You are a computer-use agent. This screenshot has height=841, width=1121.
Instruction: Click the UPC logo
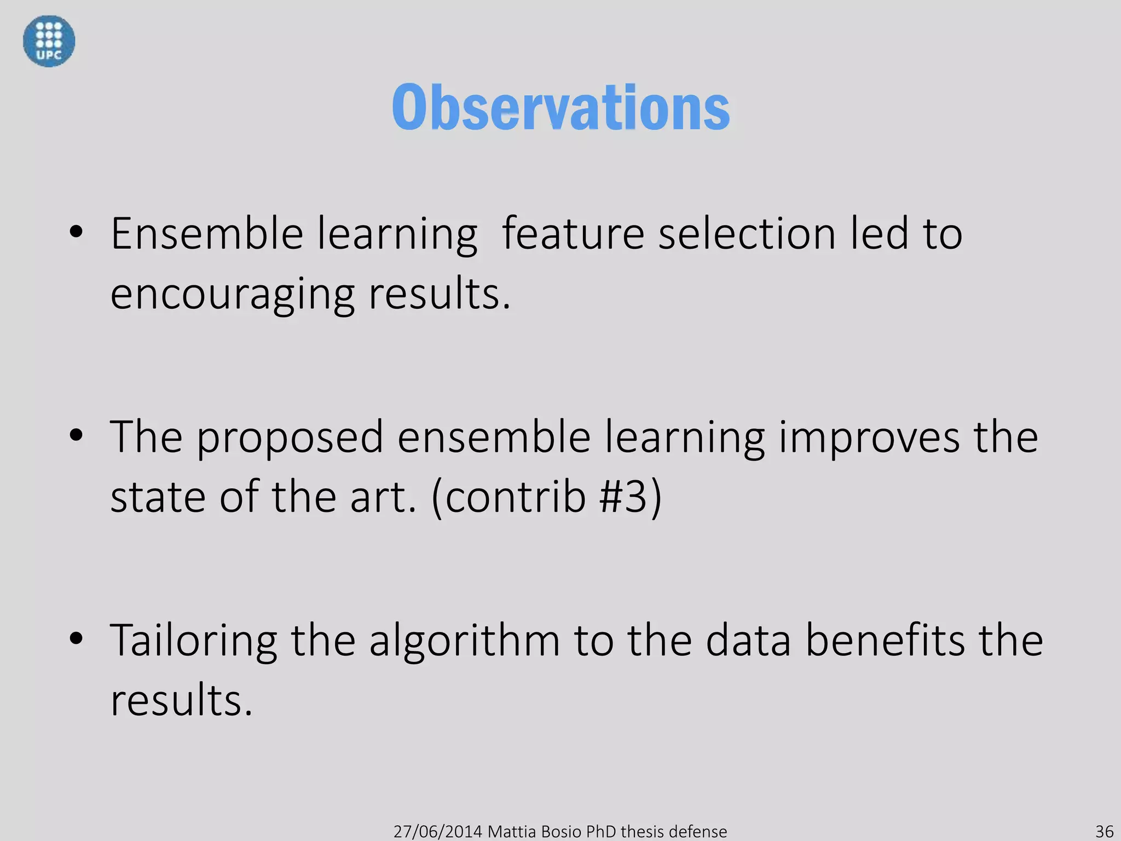point(49,41)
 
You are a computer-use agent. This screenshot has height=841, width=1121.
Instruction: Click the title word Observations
point(560,108)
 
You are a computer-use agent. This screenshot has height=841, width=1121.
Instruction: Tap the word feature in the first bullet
point(573,234)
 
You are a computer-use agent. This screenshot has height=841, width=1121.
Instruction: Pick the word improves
point(869,437)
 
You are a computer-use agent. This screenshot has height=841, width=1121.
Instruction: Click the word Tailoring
point(194,641)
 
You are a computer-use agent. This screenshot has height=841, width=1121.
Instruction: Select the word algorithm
point(464,641)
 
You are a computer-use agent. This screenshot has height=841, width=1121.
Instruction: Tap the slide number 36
point(1104,831)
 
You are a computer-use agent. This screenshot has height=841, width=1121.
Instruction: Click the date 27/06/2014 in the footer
point(438,832)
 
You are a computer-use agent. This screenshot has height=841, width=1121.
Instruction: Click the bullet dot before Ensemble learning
point(76,232)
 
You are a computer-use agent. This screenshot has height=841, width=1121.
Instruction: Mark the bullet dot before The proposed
point(76,436)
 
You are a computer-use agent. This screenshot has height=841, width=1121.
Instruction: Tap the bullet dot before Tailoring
point(76,638)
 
